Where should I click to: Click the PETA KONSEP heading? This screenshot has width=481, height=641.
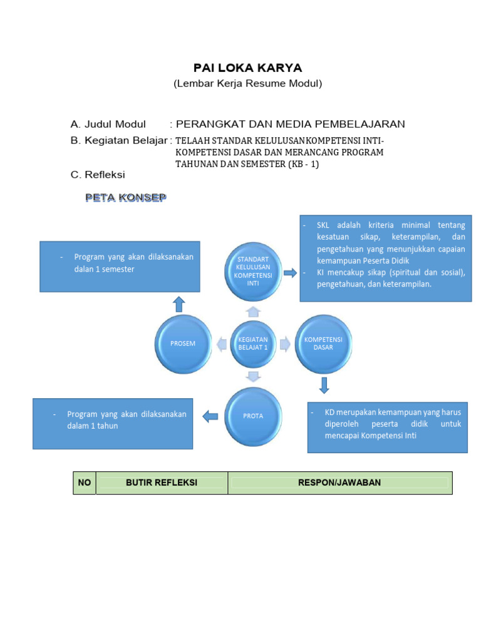[126, 198]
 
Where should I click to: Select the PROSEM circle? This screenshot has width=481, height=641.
[184, 343]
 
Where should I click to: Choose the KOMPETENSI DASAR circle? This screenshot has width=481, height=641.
[323, 343]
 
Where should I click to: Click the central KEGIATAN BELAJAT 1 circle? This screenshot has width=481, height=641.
[253, 343]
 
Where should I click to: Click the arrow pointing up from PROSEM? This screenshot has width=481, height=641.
[179, 304]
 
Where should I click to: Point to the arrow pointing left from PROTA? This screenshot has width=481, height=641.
[210, 414]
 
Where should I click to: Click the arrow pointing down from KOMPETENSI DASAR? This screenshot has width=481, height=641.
[324, 384]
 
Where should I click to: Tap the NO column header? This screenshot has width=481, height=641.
[85, 483]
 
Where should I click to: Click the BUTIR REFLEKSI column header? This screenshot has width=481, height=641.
[162, 483]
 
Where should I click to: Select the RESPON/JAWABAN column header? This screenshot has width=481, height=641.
[339, 483]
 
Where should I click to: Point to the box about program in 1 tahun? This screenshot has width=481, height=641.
[113, 423]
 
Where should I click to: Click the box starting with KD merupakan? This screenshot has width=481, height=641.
[387, 427]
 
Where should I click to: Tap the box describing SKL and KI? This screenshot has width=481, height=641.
[386, 259]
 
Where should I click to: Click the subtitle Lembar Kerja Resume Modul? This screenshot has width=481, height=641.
[247, 84]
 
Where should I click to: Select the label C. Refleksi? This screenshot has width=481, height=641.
[98, 175]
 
